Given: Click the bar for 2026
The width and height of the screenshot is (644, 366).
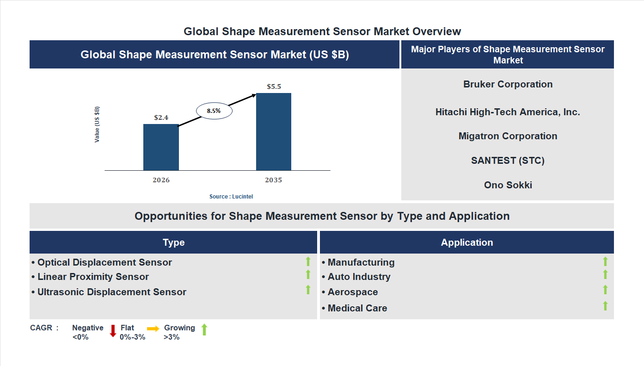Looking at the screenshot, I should pyautogui.click(x=161, y=147).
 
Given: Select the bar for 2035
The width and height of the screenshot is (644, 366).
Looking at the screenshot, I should pyautogui.click(x=274, y=131).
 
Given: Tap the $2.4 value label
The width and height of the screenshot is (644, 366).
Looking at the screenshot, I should pyautogui.click(x=161, y=118).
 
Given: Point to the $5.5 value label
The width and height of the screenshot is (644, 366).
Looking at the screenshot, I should pyautogui.click(x=274, y=87).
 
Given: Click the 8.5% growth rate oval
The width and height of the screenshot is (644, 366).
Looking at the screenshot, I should pyautogui.click(x=214, y=111).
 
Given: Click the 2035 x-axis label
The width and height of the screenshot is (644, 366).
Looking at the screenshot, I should pyautogui.click(x=274, y=180).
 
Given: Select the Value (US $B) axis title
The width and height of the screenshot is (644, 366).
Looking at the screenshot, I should pyautogui.click(x=97, y=124).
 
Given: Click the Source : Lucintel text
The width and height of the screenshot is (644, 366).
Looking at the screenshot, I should pyautogui.click(x=231, y=197).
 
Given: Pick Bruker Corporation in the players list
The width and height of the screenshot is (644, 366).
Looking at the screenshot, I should pyautogui.click(x=508, y=84).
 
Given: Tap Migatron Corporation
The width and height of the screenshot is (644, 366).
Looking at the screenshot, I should pyautogui.click(x=508, y=136).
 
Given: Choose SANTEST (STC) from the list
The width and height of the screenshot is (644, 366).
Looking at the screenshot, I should pyautogui.click(x=508, y=161).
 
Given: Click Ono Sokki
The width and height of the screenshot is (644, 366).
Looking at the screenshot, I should pyautogui.click(x=508, y=185).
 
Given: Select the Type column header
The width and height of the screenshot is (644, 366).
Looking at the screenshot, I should pyautogui.click(x=173, y=242).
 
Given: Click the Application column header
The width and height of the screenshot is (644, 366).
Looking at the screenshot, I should pyautogui.click(x=466, y=242).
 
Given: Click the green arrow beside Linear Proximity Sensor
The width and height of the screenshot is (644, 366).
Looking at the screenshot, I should pyautogui.click(x=308, y=275).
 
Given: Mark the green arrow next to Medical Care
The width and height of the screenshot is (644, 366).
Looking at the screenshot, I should pyautogui.click(x=605, y=306).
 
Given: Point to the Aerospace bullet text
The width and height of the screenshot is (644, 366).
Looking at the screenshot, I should pyautogui.click(x=353, y=292).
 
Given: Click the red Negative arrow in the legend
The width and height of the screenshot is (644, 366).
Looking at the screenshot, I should pyautogui.click(x=113, y=331).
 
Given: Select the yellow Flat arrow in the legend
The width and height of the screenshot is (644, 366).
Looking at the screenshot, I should pyautogui.click(x=153, y=329).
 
